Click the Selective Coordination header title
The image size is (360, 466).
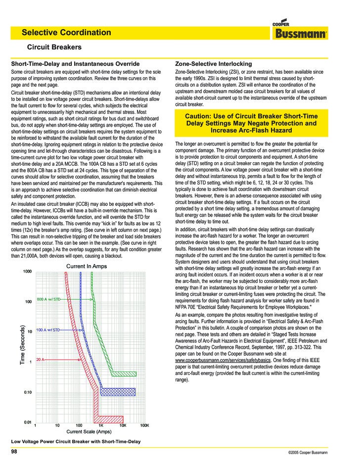tap(66, 33)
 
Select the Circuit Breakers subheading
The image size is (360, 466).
tap(54, 47)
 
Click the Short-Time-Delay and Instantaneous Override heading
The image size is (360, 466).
tap(75, 64)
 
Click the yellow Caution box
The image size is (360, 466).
tap(251, 123)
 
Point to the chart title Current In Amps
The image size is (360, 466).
tap(87, 267)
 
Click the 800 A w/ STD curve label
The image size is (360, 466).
tap(48, 299)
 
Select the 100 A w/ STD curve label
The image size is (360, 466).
tap(48, 329)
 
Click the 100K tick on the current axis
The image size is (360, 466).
tap(144, 425)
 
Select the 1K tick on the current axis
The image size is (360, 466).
tap(100, 425)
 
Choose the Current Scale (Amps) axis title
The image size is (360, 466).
tap(89, 432)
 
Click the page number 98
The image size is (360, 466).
tap(15, 452)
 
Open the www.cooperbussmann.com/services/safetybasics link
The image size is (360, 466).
tap(223, 361)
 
